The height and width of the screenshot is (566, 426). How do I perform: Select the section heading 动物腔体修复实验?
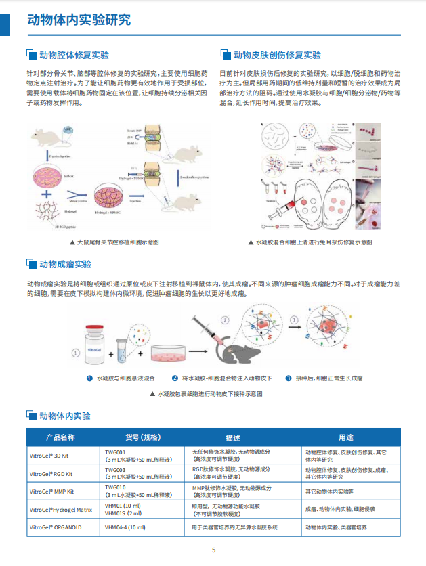pos(74,55)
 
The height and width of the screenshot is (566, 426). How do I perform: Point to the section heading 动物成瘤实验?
pos(64,263)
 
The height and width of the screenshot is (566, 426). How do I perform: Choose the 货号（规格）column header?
pos(143,437)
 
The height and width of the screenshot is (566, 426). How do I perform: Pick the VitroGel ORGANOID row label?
pos(55,527)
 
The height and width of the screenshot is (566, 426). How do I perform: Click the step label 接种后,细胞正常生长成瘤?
pos(328,378)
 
